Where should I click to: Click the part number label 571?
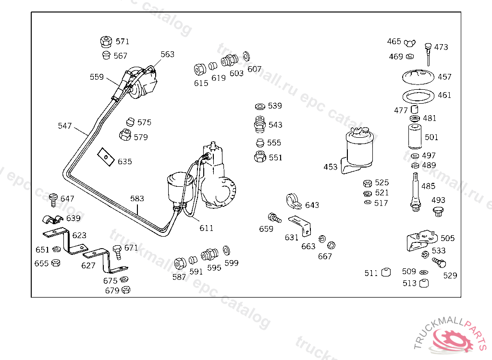(x=123, y=41)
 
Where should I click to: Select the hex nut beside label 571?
(x=106, y=41)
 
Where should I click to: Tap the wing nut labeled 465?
(x=409, y=43)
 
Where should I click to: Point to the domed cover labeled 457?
(x=418, y=77)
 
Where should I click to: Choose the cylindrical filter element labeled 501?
(x=415, y=137)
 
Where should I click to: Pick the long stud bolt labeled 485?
(x=416, y=192)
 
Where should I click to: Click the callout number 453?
(x=331, y=167)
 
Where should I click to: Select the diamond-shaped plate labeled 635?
(x=106, y=157)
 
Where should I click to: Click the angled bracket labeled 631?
(x=300, y=225)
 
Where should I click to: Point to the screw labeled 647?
(x=54, y=200)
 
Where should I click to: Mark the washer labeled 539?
(x=260, y=107)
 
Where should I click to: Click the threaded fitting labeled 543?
(x=259, y=124)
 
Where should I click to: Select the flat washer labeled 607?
(x=246, y=57)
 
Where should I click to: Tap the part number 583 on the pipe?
(x=137, y=199)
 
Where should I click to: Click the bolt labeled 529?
(x=439, y=262)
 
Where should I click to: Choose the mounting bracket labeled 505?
(x=421, y=240)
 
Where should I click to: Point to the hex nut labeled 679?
(x=125, y=290)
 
